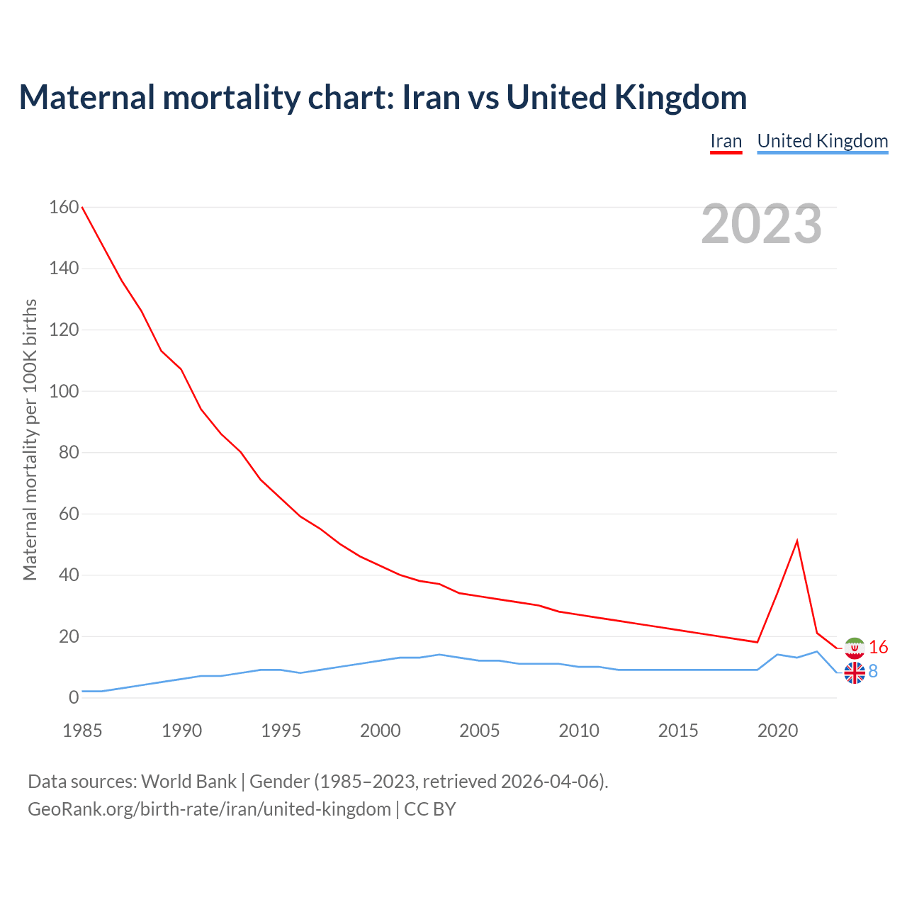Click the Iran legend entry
click(x=726, y=141)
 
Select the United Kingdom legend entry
click(x=822, y=141)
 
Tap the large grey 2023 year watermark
click(x=761, y=224)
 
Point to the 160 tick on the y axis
click(x=64, y=207)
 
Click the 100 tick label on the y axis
click(x=64, y=391)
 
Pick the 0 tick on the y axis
click(x=74, y=697)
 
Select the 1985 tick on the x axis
click(x=82, y=731)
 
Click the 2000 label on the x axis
click(x=381, y=731)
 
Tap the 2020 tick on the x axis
click(x=777, y=731)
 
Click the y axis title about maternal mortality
click(x=30, y=439)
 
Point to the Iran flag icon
click(x=855, y=648)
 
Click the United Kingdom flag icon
click(x=855, y=673)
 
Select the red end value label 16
click(x=878, y=647)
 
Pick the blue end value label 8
click(x=873, y=671)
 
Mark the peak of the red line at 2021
click(x=797, y=541)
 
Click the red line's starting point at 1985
click(x=83, y=208)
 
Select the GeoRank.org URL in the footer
click(x=209, y=809)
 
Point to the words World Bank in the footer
click(x=188, y=781)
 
